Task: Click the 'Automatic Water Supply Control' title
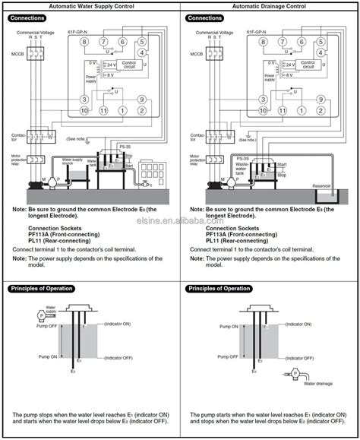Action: tap(91, 5)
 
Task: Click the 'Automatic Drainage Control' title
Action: tap(270, 5)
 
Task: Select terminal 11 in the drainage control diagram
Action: tap(281, 111)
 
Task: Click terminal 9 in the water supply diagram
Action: tap(142, 99)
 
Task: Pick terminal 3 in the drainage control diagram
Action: tap(264, 99)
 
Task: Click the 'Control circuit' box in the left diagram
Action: tap(131, 66)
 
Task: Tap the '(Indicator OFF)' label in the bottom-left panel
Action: tap(118, 357)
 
